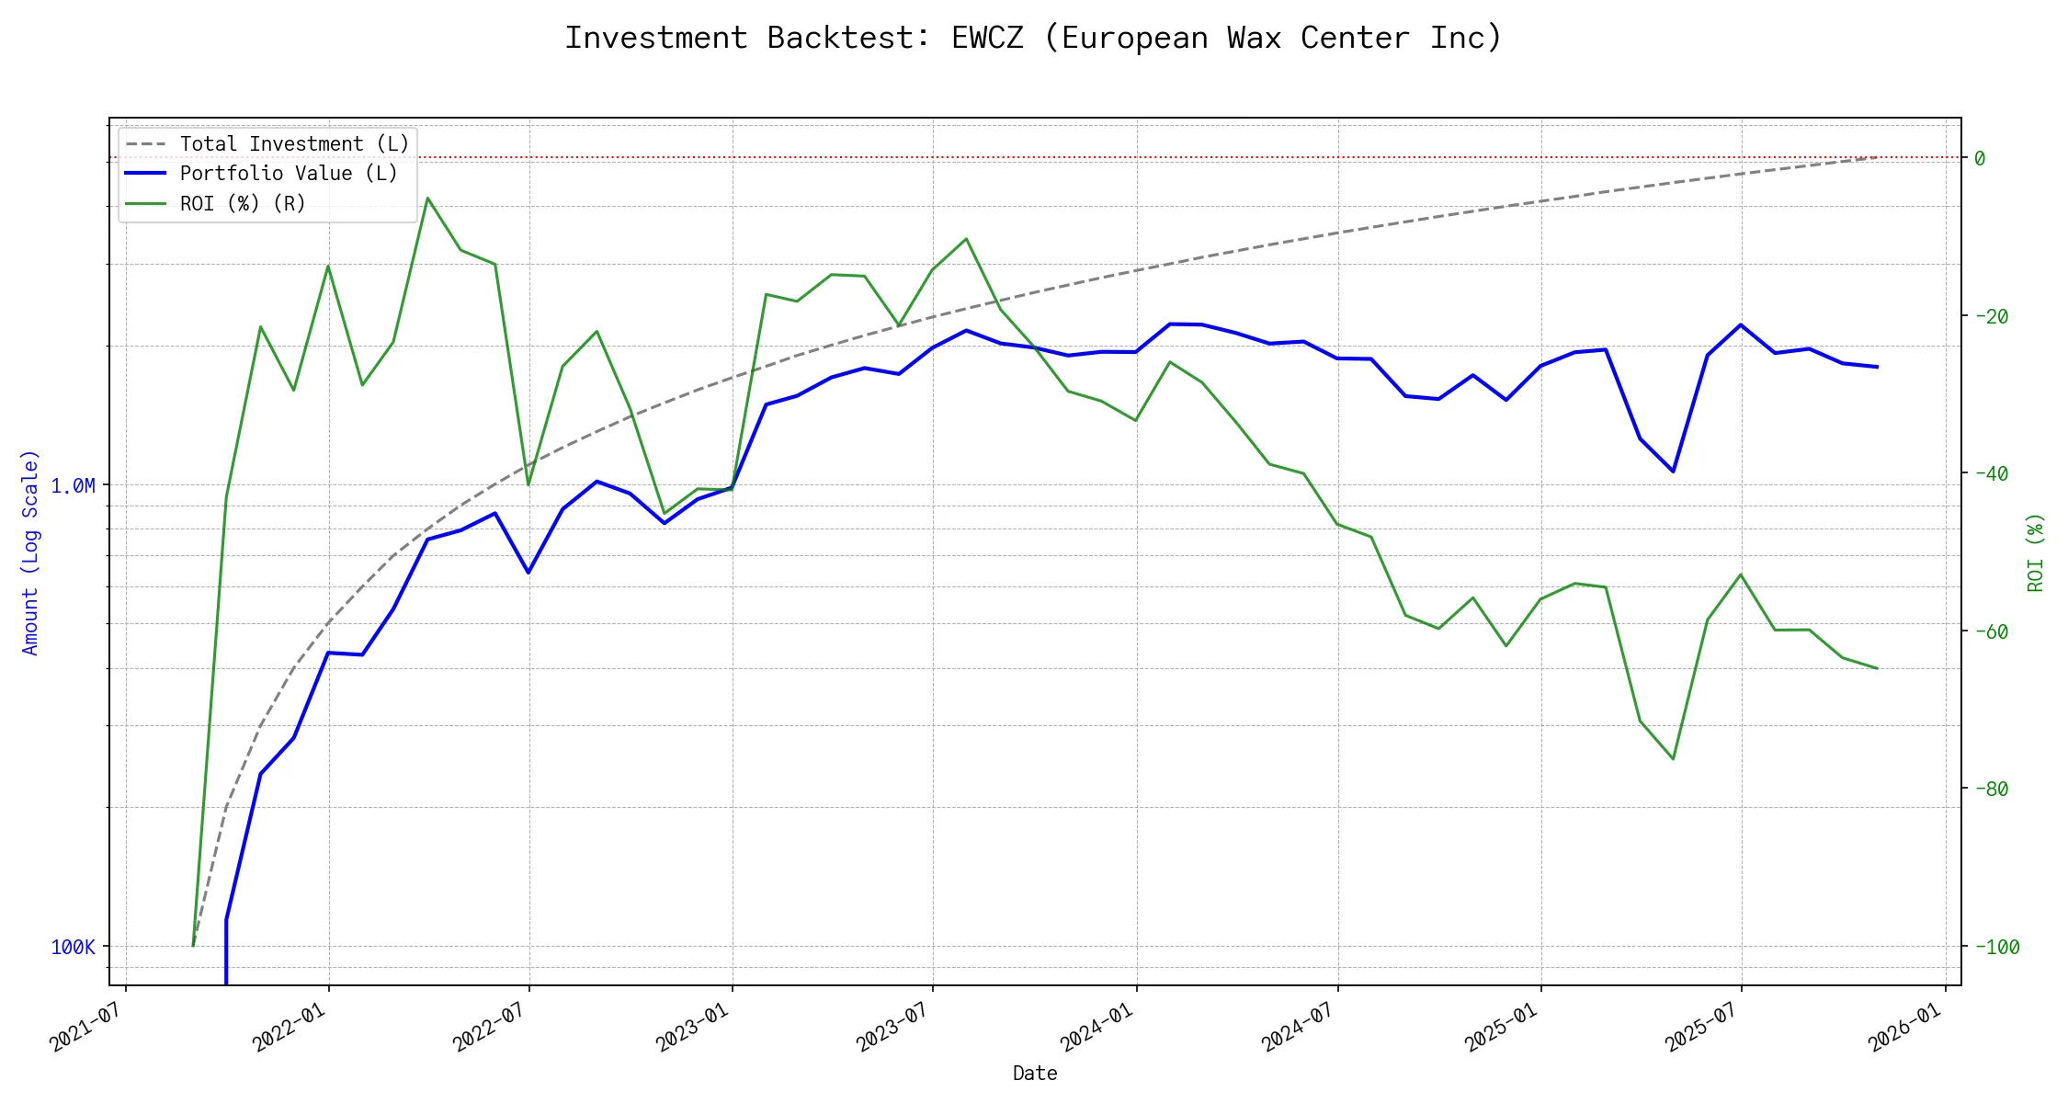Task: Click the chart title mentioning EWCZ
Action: tap(1033, 38)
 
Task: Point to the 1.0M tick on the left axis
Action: tap(73, 485)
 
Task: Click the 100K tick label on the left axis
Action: tap(73, 947)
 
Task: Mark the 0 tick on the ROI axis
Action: tap(1980, 158)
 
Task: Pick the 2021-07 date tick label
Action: tap(86, 1026)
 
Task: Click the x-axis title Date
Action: tap(1035, 1073)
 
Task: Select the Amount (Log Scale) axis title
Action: tap(30, 551)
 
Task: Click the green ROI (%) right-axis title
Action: tap(2036, 551)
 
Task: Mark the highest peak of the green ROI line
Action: tap(427, 198)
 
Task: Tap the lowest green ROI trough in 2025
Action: tap(1673, 759)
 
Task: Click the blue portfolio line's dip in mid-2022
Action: tap(528, 573)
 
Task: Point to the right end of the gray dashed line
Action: tap(1877, 157)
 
